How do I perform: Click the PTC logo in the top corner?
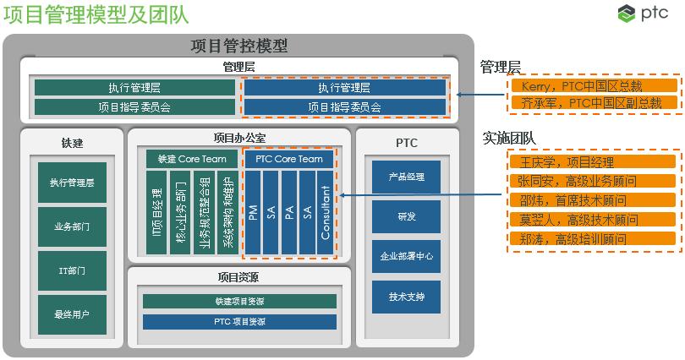(x=649, y=14)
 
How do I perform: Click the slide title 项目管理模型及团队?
(x=96, y=15)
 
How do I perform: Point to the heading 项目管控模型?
(x=239, y=46)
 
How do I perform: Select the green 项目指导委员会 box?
(x=134, y=107)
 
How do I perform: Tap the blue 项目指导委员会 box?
(x=344, y=107)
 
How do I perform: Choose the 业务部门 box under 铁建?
(x=72, y=227)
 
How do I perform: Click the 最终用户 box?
(x=72, y=314)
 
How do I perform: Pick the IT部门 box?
(x=72, y=270)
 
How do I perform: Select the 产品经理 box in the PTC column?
(x=406, y=177)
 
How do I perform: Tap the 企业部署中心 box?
(x=406, y=256)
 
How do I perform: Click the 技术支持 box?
(x=406, y=297)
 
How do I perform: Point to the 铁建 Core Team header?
(x=192, y=159)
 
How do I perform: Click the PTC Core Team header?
(x=288, y=159)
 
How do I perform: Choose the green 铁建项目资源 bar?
(x=239, y=302)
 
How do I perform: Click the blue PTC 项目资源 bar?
(x=239, y=322)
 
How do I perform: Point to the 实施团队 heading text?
(x=507, y=138)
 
